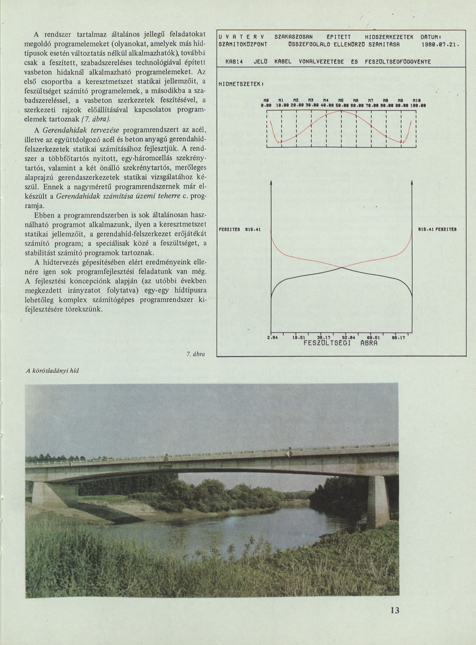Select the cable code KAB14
[234, 62]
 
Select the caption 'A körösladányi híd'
[52, 371]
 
